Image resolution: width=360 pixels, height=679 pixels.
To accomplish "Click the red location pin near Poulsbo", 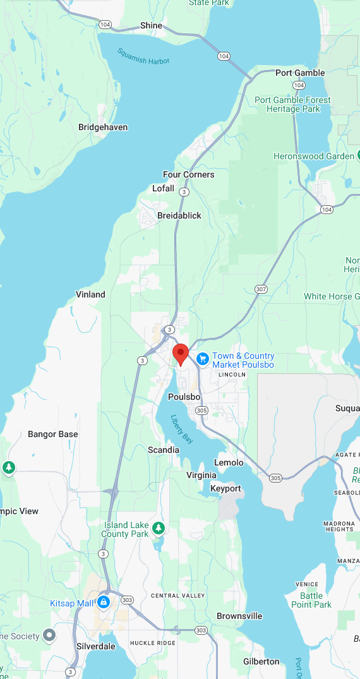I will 181,354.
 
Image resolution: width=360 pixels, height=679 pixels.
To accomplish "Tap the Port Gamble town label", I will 300,73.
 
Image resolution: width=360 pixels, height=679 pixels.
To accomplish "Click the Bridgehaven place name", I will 103,127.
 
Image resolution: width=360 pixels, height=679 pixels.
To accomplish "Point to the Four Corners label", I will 188,174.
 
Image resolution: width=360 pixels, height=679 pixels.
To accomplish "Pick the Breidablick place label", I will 179,215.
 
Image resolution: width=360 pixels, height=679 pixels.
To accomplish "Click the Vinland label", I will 90,294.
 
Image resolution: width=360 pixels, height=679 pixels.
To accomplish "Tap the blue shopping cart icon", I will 203,359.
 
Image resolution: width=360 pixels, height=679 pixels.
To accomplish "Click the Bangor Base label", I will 53,434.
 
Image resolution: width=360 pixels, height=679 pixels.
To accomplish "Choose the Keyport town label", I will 225,488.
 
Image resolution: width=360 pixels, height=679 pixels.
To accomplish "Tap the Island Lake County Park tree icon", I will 159,527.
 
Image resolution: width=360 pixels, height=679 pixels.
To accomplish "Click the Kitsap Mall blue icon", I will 103,603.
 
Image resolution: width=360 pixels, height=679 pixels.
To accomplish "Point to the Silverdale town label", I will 96,646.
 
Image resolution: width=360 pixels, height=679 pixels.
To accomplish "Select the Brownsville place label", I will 239,616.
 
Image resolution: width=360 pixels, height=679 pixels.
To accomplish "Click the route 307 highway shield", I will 261,289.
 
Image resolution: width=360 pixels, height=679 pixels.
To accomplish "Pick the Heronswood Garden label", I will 314,156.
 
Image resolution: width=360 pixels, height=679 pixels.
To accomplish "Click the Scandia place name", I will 164,450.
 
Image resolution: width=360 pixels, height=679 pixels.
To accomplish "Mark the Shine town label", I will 152,25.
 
